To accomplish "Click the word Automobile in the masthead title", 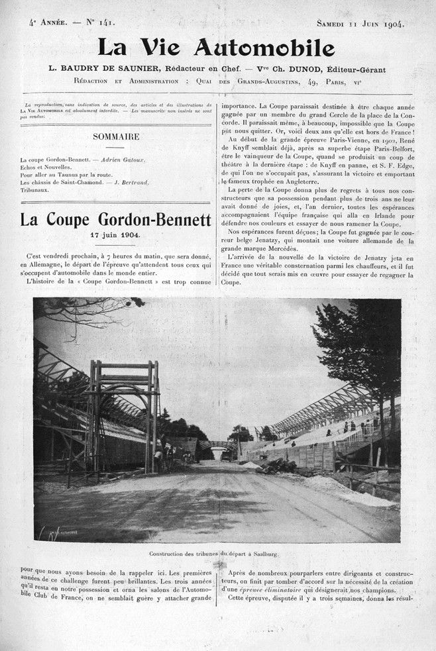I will (x=268, y=48).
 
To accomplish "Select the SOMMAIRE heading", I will (x=115, y=136).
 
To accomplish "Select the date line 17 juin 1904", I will (x=115, y=235).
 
